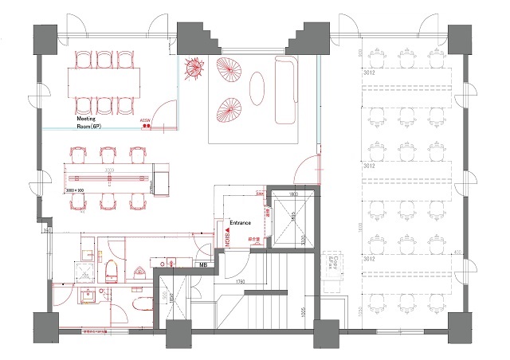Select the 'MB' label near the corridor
pos(204,265)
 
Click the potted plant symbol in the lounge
pos(194,69)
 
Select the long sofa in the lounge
pos(284,92)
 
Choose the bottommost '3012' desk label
pos(369,258)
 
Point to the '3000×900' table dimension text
pos(76,191)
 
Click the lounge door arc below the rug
pos(306,170)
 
